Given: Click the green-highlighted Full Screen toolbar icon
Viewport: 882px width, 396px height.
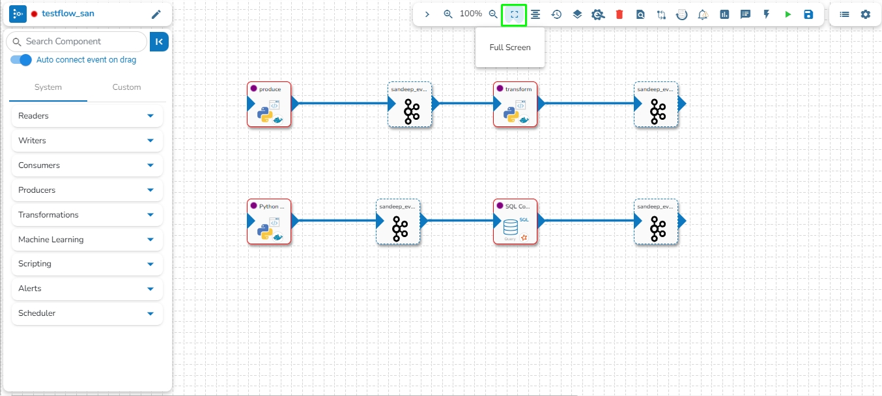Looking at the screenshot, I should (x=514, y=14).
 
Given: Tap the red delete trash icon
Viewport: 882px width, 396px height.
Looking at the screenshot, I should (x=619, y=14).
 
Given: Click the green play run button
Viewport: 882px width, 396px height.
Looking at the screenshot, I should (x=788, y=14).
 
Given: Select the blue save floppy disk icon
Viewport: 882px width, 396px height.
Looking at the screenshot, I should (x=808, y=14).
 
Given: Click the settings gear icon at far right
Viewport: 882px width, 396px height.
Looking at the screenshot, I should (x=865, y=14).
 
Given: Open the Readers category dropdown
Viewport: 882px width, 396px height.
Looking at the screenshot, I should (x=87, y=116).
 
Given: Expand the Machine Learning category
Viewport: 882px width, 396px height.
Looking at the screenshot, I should (x=87, y=240).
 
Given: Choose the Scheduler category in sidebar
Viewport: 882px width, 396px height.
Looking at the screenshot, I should (x=87, y=313).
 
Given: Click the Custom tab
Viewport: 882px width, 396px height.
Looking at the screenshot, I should (x=126, y=87).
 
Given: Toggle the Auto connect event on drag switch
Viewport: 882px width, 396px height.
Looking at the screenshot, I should (x=21, y=60).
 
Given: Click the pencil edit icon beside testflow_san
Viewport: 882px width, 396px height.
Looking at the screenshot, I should (x=156, y=14).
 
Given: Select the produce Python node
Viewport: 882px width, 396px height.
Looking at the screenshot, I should (x=269, y=104).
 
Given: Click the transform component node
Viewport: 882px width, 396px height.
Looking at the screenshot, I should (x=515, y=104).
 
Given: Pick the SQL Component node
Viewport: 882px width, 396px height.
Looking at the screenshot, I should (x=515, y=221).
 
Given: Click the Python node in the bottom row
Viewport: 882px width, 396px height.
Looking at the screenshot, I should (x=269, y=221).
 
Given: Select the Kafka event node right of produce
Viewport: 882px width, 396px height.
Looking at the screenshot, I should (x=410, y=104).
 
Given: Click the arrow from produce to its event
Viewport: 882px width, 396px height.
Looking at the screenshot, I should (x=342, y=103).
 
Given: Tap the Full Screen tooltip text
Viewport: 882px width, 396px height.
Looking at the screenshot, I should (x=510, y=48).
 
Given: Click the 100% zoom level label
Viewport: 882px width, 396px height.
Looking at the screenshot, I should (x=471, y=14).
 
